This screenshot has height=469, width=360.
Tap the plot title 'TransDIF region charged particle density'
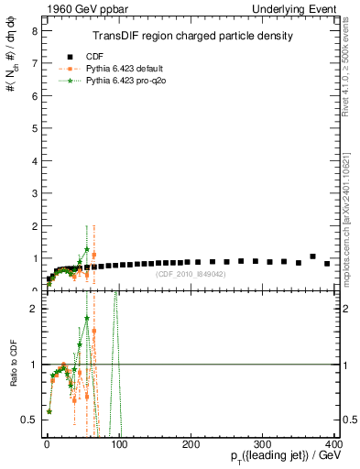tap(193, 37)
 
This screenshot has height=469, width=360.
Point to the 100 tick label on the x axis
tap(118, 443)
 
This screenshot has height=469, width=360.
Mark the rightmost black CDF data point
tap(327, 264)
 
